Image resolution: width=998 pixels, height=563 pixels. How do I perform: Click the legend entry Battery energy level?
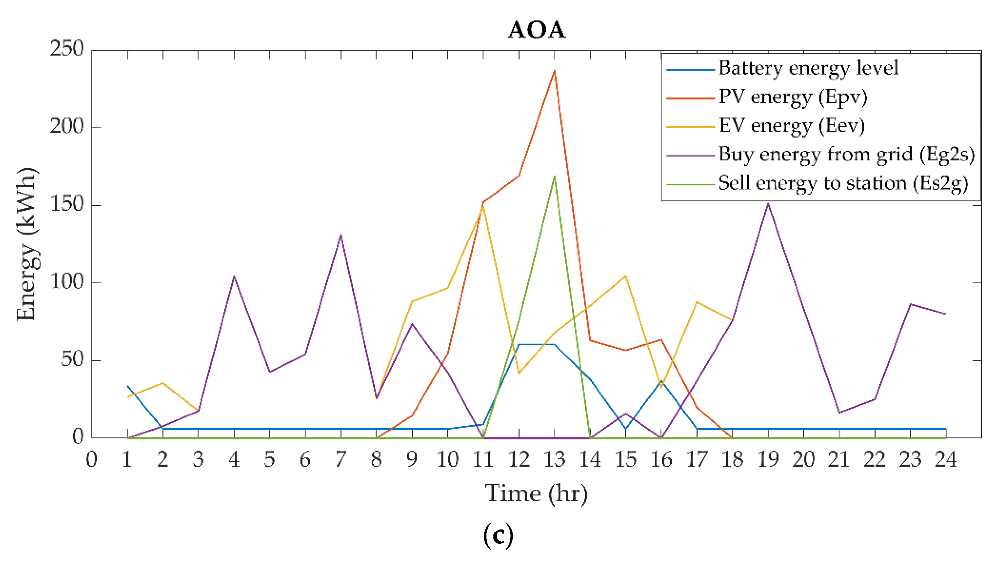[808, 68]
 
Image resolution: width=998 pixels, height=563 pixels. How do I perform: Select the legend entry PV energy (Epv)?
[793, 97]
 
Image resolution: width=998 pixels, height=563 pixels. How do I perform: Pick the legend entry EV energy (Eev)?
[791, 126]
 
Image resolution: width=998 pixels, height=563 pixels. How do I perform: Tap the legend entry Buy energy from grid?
[847, 155]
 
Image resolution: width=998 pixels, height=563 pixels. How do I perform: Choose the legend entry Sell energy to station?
[843, 183]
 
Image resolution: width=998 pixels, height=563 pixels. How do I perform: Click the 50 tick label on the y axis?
[72, 360]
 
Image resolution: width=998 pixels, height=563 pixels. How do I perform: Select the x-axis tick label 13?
[554, 460]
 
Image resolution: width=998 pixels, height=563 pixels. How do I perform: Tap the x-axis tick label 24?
[946, 460]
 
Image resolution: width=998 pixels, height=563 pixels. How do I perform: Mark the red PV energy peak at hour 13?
[554, 71]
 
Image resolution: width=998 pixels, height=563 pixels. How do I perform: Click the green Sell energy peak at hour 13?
[554, 176]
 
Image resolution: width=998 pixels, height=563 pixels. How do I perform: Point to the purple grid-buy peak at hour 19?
[768, 203]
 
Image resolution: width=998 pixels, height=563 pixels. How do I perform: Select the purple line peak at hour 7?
[341, 235]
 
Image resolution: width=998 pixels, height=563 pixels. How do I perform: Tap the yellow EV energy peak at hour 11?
[483, 207]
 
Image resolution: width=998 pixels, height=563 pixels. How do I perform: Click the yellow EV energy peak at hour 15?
[625, 276]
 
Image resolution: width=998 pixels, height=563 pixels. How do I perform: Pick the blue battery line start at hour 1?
[127, 386]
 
